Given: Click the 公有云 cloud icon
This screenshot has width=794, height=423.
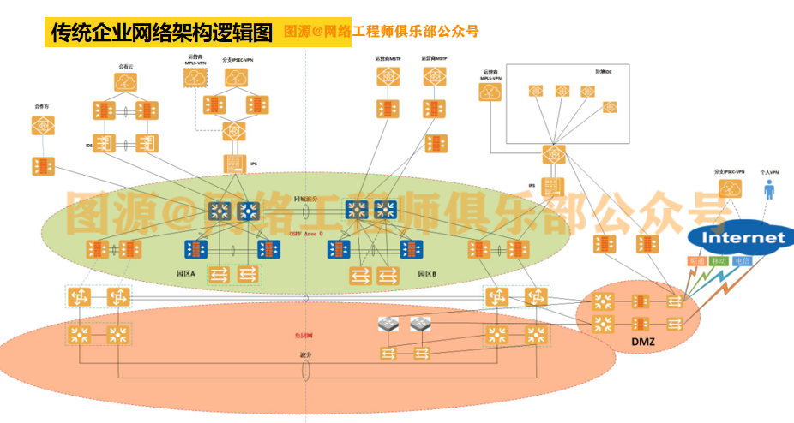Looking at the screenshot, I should click(x=126, y=82).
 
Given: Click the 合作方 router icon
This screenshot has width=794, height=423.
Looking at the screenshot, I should click(x=40, y=126).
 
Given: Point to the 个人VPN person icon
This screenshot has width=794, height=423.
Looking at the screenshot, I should click(x=767, y=191).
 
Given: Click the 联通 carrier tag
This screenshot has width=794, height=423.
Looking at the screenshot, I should click(x=698, y=259).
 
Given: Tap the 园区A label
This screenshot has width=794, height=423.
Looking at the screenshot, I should click(x=185, y=274).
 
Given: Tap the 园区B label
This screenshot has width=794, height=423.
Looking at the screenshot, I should click(x=427, y=274).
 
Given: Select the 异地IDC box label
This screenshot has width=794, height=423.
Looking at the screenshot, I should click(x=604, y=71).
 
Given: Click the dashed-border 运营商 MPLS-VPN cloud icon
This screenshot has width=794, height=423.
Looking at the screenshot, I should click(x=195, y=76).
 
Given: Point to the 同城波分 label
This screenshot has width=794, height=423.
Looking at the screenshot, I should click(x=306, y=198).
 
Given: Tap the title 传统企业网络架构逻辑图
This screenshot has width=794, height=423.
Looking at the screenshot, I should click(x=160, y=33).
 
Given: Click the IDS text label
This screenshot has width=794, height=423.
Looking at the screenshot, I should click(x=88, y=146).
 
